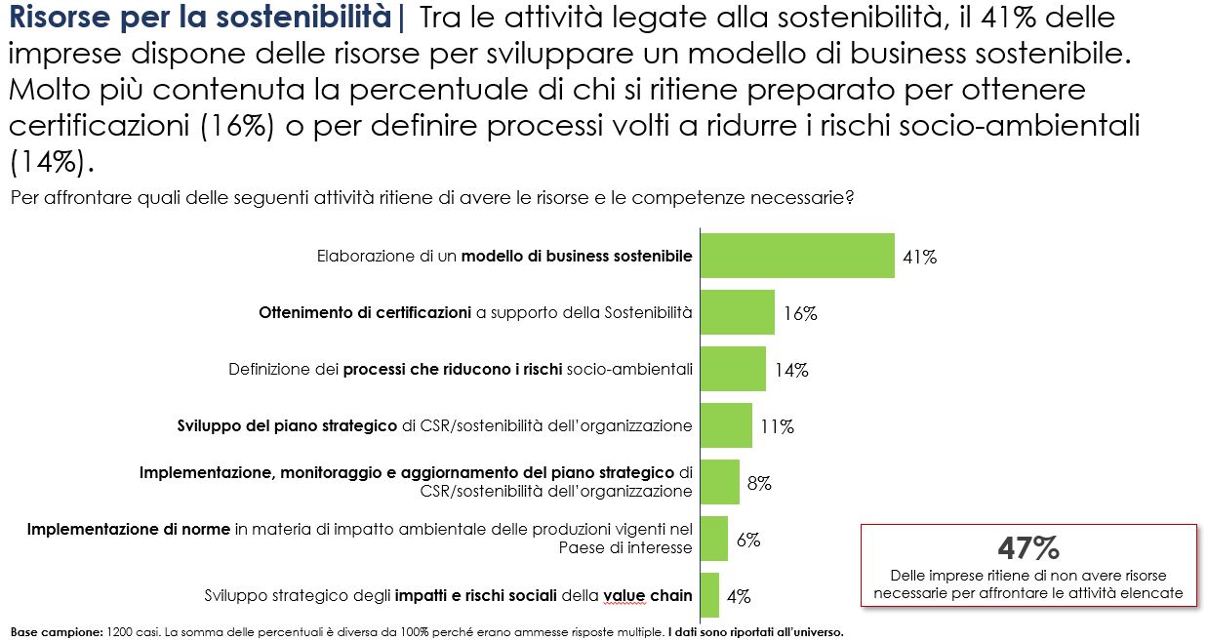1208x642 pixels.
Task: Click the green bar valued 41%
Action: click(797, 256)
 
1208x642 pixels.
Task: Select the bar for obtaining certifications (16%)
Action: click(738, 312)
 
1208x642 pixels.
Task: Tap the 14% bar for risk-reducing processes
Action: click(733, 369)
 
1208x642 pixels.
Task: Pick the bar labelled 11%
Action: click(726, 425)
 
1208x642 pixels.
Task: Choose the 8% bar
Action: click(720, 482)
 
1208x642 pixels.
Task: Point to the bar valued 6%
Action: click(714, 539)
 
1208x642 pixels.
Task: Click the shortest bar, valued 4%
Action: click(709, 595)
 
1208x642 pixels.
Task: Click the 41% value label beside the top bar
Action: click(919, 258)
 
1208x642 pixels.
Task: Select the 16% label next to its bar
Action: click(799, 314)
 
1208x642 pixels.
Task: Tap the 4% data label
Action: click(738, 595)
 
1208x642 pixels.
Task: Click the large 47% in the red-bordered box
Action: click(1027, 548)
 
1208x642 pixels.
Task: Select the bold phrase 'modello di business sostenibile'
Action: click(577, 257)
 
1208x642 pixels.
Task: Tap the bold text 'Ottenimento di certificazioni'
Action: click(365, 313)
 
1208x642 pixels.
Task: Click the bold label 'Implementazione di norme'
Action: click(129, 529)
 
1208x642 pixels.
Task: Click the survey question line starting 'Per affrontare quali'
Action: click(432, 198)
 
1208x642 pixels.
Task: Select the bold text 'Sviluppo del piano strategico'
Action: click(288, 425)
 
